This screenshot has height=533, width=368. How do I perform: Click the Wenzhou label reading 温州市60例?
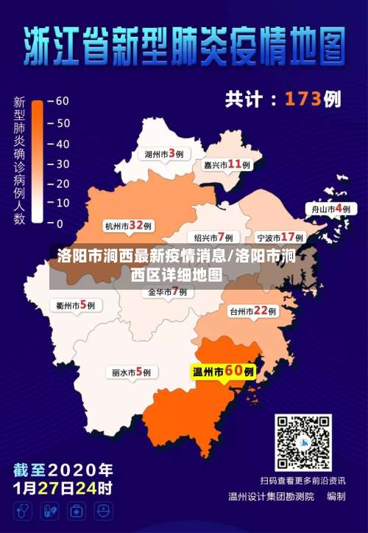point(224,372)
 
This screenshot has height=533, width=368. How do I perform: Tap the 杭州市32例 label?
point(128,226)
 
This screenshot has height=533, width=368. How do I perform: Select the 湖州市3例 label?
point(163,154)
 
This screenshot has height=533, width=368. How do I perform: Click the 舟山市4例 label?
point(331,209)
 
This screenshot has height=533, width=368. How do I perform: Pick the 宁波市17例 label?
point(280,237)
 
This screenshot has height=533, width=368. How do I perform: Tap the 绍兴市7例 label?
point(213,237)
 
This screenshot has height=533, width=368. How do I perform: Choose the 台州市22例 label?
point(252,311)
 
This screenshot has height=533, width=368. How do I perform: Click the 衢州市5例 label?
point(76,304)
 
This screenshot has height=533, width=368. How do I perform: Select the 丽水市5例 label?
point(131,372)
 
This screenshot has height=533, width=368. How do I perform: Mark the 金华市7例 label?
point(168,292)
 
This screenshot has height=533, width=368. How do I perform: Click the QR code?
point(303,442)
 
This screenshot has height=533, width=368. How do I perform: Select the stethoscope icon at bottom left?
point(24,510)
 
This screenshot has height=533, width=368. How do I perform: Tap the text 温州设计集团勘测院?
point(270,496)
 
